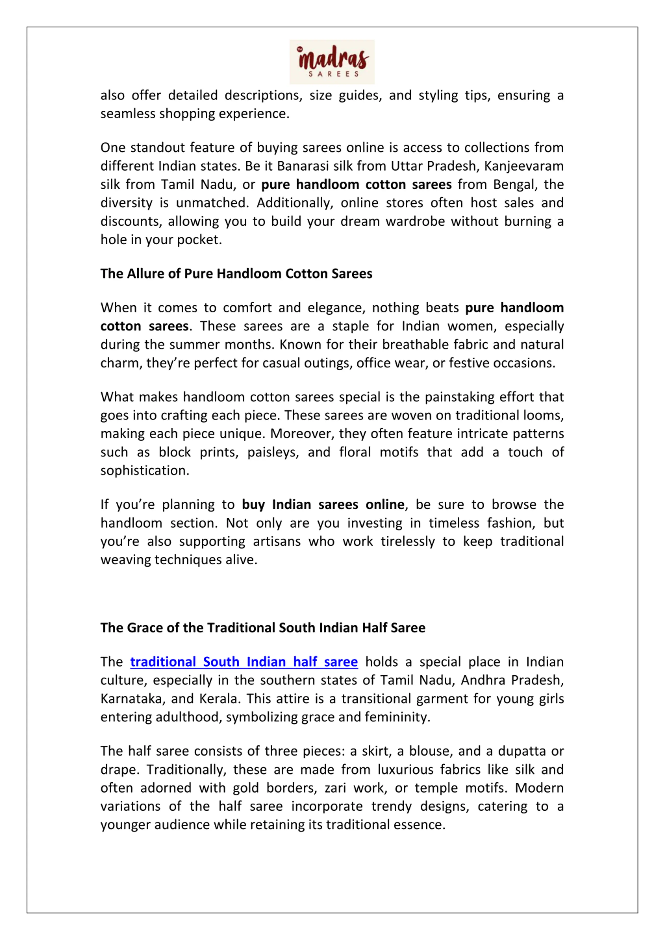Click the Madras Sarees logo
point(332,62)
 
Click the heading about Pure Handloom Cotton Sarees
point(236,273)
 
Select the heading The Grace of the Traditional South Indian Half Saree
point(263,628)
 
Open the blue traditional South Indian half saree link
point(244,662)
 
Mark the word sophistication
point(144,471)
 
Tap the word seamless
point(128,113)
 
